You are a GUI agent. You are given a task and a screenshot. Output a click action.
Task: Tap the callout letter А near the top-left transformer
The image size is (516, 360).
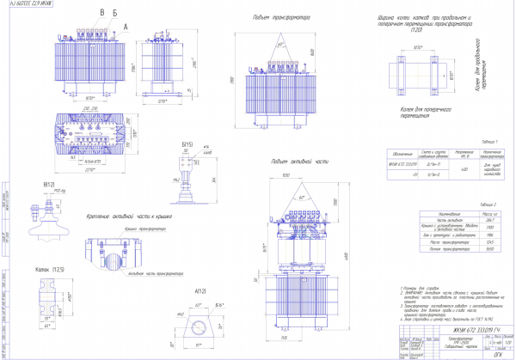(126, 27)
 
